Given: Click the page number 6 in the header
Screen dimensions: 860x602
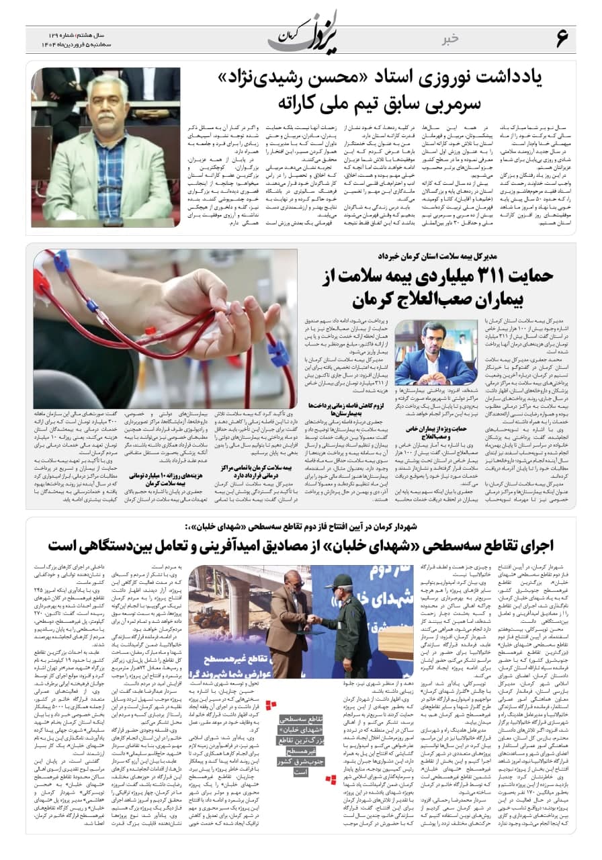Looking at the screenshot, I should (x=562, y=39).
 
